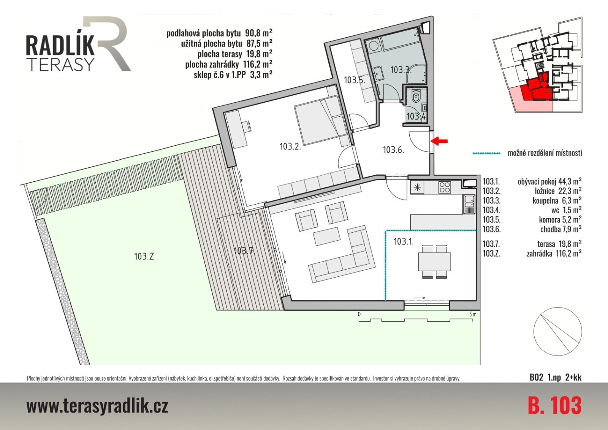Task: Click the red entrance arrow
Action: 439,141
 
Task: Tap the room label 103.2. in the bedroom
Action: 290,147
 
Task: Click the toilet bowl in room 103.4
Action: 416,96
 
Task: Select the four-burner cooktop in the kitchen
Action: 445,187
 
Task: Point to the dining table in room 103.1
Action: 435,261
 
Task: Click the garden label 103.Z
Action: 144,256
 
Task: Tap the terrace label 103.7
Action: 244,251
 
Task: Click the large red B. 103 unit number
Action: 554,405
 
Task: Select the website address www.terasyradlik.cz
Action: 97,406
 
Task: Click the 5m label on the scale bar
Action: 473,314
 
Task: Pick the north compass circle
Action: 557,332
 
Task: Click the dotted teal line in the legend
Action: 486,154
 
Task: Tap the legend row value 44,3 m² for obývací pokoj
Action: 570,181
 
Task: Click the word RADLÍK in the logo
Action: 60,46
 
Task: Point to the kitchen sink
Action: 469,204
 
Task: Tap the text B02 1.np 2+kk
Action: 555,378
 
